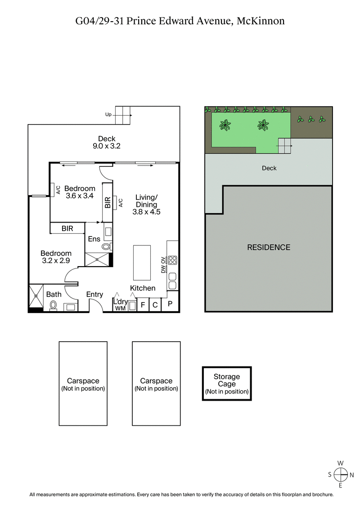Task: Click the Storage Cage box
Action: (227, 384)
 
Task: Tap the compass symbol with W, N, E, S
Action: (341, 474)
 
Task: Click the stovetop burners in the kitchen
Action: (172, 260)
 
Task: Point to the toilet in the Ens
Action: (107, 246)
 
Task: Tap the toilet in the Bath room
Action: (53, 306)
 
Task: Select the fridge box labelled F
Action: (143, 305)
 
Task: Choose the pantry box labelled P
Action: (170, 304)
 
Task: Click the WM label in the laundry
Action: (120, 308)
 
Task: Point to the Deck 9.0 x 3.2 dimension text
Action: (106, 143)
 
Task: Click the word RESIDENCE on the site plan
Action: (269, 247)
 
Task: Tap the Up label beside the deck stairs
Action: (108, 115)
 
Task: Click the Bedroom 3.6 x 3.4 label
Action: (80, 192)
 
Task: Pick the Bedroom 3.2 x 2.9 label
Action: (56, 257)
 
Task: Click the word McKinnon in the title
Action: (260, 21)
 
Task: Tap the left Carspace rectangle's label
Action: (83, 384)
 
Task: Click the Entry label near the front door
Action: (94, 295)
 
